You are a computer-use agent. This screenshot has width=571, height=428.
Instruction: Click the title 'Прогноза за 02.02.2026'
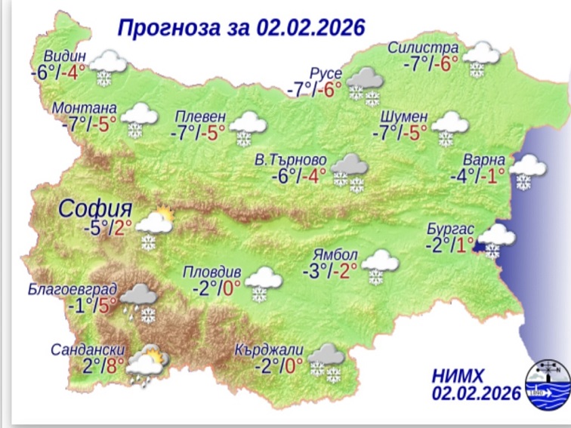(241, 27)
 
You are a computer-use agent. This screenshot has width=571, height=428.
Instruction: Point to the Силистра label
(423, 48)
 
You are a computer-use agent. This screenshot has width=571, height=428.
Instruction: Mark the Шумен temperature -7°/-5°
(399, 133)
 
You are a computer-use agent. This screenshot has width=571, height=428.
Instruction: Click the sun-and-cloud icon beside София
(155, 225)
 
